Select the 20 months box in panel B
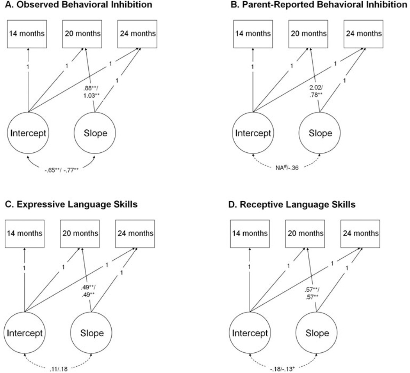tap(308, 33)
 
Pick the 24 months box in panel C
tap(134, 233)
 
